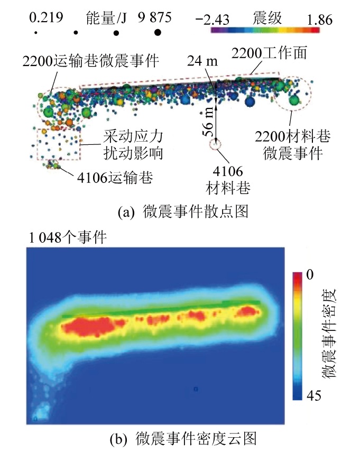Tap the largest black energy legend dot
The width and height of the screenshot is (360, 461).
pos(157,33)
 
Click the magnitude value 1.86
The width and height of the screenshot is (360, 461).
pos(319,20)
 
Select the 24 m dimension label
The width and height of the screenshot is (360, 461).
pos(202,61)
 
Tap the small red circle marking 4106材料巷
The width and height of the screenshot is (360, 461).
pos(215,144)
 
